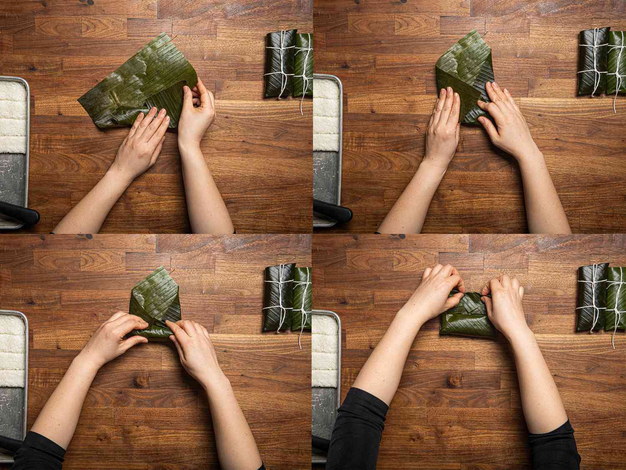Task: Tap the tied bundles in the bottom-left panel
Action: pos(288,297)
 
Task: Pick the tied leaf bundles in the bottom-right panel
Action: pos(601,297)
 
